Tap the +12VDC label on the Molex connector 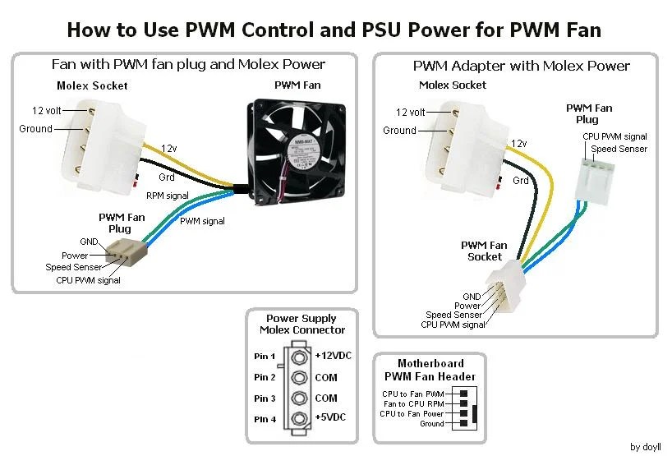pos(330,357)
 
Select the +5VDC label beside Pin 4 pos(329,417)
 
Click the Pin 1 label pos(265,357)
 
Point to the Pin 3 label pos(265,398)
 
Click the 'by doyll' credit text pos(646,447)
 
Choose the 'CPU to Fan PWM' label pos(412,394)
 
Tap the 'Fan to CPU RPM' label pos(414,404)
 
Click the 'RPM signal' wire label pos(167,196)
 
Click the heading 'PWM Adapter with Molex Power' pos(521,66)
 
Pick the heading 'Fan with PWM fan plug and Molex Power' pos(188,64)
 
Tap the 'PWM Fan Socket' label pos(484,251)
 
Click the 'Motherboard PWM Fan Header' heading pos(430,370)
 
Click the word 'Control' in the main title pos(278,30)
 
